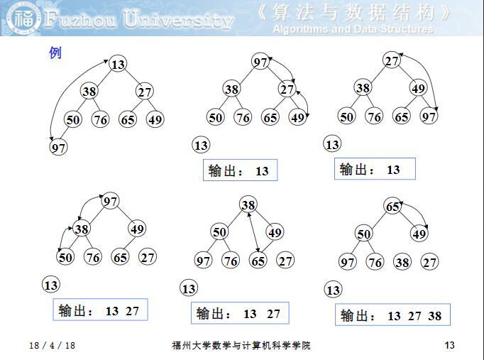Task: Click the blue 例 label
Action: [55, 53]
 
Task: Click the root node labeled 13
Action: [118, 65]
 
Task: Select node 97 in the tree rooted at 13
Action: [59, 148]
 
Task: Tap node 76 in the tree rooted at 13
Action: [101, 120]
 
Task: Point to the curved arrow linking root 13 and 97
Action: [67, 92]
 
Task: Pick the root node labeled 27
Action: [392, 61]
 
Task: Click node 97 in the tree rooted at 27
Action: [429, 116]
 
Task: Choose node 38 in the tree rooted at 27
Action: [363, 88]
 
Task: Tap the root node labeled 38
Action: [248, 205]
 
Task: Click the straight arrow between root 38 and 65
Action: [253, 233]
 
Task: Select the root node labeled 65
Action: [392, 207]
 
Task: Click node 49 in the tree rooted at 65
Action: [419, 234]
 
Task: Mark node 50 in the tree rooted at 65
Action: [363, 234]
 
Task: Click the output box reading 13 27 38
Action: [392, 316]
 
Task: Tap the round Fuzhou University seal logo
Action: [20, 19]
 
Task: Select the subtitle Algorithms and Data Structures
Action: [352, 29]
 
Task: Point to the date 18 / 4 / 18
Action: [53, 346]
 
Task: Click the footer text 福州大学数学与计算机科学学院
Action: [241, 346]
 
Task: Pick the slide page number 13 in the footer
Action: [449, 346]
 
